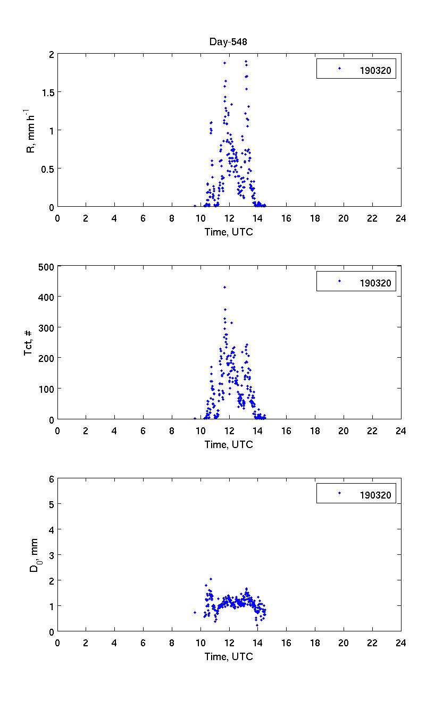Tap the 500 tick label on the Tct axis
coord(44,266)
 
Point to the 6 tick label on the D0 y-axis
coord(52,478)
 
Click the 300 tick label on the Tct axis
coord(44,327)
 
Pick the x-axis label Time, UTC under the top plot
coord(229,232)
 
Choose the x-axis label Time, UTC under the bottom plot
coord(229,656)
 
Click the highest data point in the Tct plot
coord(224,287)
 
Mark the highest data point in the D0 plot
coord(211,579)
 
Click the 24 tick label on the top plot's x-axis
coord(400,218)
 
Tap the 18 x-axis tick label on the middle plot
coord(315,431)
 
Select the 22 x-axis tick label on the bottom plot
coord(372,643)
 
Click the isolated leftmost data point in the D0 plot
coord(195,612)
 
